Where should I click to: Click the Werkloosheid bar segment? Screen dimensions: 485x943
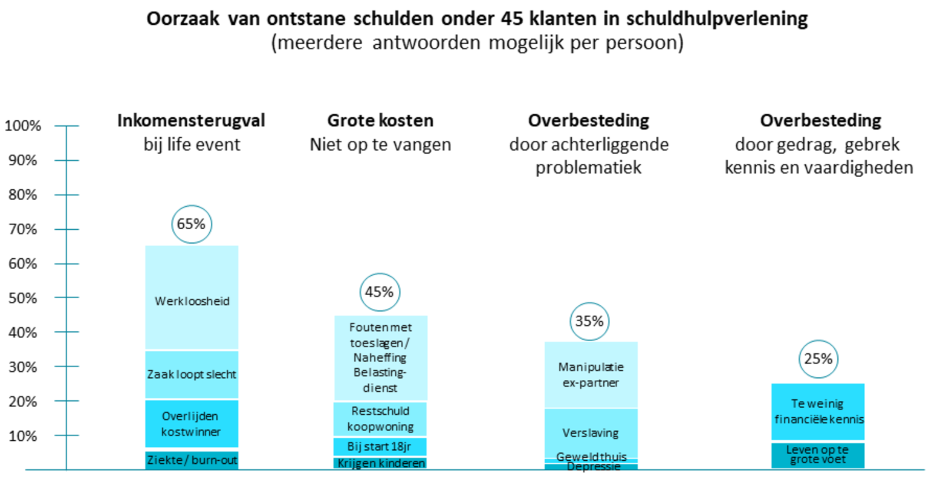click(x=192, y=301)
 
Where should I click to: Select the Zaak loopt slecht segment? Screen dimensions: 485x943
click(x=192, y=374)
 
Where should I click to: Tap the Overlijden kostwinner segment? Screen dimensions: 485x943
click(x=192, y=423)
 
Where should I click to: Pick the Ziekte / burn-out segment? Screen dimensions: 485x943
click(x=192, y=460)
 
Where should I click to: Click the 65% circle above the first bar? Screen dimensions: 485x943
click(x=192, y=224)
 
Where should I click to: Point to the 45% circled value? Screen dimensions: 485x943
click(x=380, y=292)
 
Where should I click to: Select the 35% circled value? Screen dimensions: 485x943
click(x=589, y=321)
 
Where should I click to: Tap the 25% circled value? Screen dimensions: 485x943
click(x=818, y=359)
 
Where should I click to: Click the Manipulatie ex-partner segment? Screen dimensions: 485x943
click(x=591, y=374)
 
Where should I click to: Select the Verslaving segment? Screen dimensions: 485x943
click(x=591, y=433)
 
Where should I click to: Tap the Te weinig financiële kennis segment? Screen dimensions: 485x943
click(x=818, y=411)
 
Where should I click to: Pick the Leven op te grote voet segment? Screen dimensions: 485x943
click(x=818, y=455)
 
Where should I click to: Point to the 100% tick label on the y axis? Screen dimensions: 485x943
click(x=23, y=126)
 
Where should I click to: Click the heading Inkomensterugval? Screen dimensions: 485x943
click(x=191, y=120)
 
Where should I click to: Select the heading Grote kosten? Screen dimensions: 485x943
click(x=380, y=120)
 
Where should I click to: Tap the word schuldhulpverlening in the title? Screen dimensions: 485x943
click(x=717, y=19)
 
